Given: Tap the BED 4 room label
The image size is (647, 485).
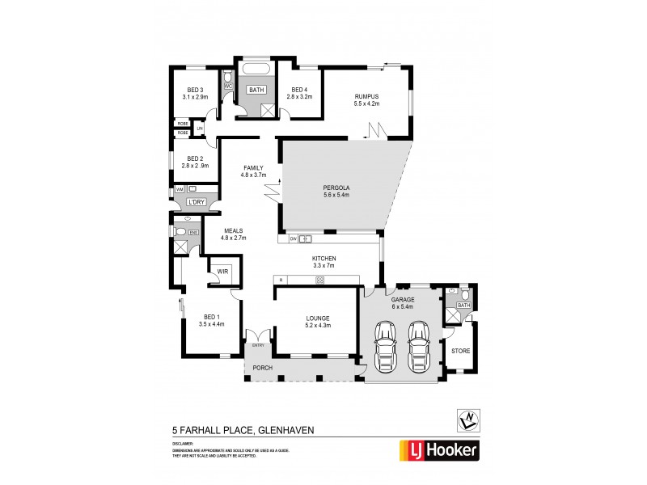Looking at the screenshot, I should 298,90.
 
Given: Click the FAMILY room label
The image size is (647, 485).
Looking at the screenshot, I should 254,168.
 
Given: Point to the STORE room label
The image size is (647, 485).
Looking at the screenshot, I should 459,352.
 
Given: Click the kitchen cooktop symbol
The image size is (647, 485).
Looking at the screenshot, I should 319,280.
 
